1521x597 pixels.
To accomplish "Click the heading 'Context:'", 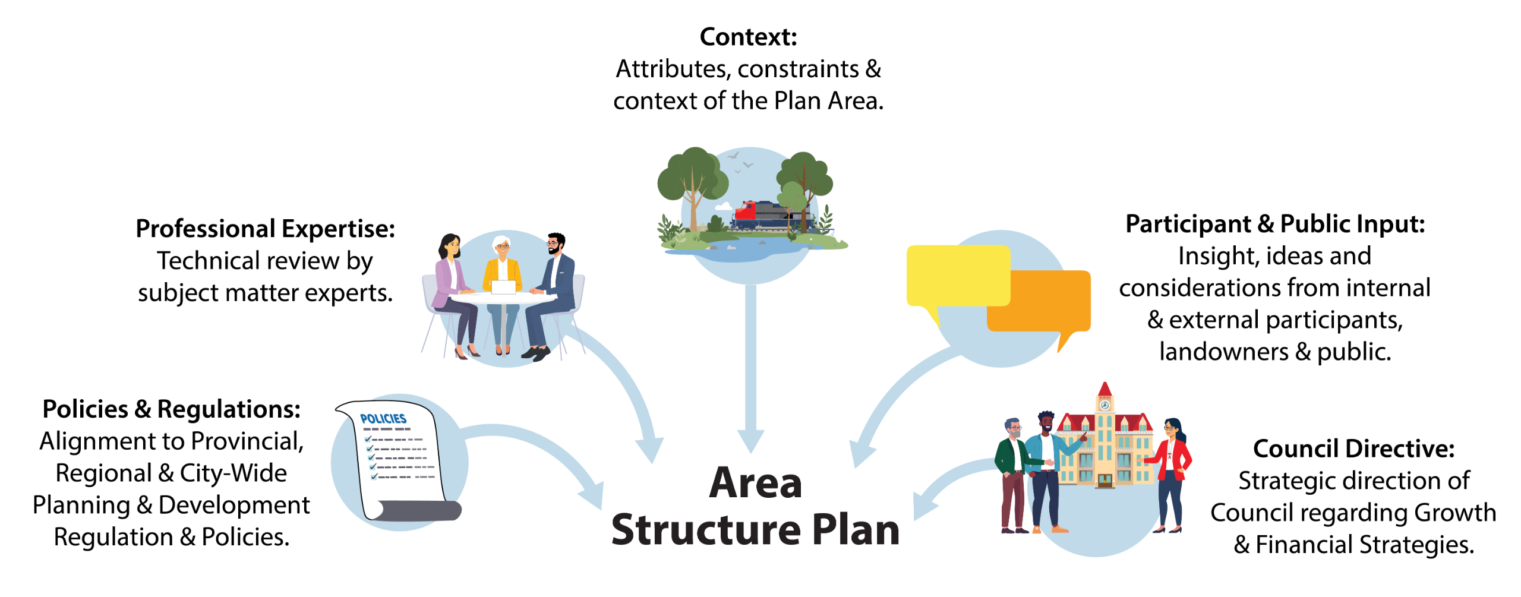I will [x=748, y=37].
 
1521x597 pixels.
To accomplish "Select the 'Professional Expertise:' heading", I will [x=265, y=229].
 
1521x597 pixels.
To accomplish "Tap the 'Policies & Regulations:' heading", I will [x=171, y=409].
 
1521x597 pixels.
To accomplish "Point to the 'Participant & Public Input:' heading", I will [x=1274, y=225].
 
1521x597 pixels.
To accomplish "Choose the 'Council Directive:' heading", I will [x=1353, y=448].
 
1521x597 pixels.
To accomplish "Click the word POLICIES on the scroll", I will [x=383, y=419].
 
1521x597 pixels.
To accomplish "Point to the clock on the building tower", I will [x=1105, y=405].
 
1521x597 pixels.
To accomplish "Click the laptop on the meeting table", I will [x=503, y=287].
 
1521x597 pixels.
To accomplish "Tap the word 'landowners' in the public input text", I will [x=1223, y=352].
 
